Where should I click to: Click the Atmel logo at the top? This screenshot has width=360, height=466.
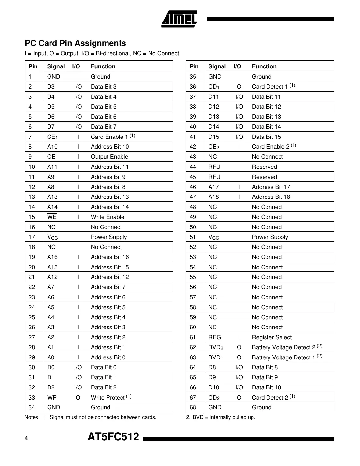pyautogui.click(x=179, y=19)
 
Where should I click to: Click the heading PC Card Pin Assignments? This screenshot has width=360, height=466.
pyautogui.click(x=75, y=43)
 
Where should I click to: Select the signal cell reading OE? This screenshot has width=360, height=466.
pyautogui.click(x=51, y=157)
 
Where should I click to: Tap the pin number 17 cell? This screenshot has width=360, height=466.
pyautogui.click(x=32, y=237)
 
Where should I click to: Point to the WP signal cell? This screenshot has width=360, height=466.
pyautogui.click(x=52, y=398)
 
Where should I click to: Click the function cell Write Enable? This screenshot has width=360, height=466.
pyautogui.click(x=108, y=217)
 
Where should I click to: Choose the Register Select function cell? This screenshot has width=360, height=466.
pyautogui.click(x=272, y=337)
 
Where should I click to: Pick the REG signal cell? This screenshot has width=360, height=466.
pyautogui.click(x=215, y=337)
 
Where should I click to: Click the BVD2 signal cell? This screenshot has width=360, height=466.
pyautogui.click(x=216, y=347)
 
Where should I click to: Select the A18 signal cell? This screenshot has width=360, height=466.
pyautogui.click(x=214, y=197)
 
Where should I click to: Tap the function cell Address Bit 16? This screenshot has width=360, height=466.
pyautogui.click(x=110, y=257)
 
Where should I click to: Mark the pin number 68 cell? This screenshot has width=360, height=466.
pyautogui.click(x=193, y=407)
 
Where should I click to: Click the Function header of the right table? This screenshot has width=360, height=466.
pyautogui.click(x=264, y=66)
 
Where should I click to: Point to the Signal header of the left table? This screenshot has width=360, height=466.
pyautogui.click(x=56, y=66)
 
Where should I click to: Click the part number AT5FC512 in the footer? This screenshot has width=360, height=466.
pyautogui.click(x=113, y=437)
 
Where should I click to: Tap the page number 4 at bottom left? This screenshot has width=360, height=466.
pyautogui.click(x=26, y=438)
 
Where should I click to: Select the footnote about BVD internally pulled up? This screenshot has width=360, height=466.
pyautogui.click(x=221, y=417)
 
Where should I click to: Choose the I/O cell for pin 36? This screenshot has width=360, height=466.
pyautogui.click(x=239, y=87)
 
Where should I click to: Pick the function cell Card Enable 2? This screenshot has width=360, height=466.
pyautogui.click(x=274, y=147)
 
